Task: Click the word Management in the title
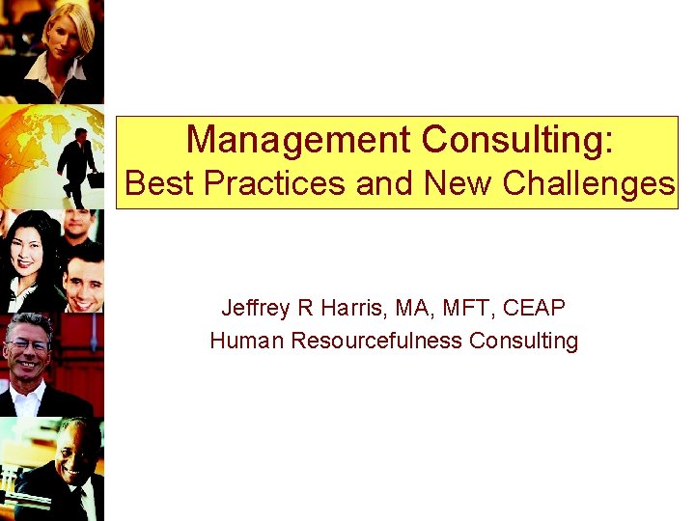[x=298, y=140]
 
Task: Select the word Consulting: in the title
[x=516, y=140]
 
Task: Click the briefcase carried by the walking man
[x=96, y=179]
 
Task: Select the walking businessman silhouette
[x=77, y=164]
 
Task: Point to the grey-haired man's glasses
[x=27, y=343]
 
